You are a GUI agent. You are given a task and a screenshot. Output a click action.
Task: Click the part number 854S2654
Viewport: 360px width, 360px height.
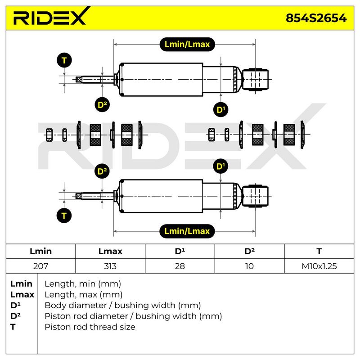pos(316,18)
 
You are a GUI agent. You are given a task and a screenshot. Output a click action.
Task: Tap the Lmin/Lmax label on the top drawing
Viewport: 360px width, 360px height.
pos(187,44)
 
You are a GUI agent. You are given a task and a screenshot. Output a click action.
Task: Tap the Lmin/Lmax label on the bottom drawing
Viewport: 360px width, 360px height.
pos(187,231)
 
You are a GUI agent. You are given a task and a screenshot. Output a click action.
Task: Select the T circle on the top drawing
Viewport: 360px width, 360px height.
pos(64,60)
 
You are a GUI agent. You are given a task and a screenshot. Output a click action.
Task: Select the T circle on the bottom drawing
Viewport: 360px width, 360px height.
pos(64,216)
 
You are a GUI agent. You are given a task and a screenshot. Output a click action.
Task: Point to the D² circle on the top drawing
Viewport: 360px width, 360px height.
pos(102,105)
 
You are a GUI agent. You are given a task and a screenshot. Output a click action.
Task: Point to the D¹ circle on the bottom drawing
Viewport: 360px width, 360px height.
pos(220,166)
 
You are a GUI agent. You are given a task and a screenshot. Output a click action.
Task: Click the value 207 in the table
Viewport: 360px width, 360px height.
pos(40,266)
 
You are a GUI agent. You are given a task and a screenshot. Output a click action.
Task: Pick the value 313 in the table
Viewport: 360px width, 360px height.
pos(110,266)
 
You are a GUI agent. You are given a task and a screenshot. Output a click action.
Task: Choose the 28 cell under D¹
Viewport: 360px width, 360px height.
pos(180,266)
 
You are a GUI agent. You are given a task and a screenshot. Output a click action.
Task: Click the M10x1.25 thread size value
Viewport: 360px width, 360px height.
pos(319,266)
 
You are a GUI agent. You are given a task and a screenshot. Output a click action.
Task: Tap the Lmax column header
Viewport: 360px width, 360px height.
pos(110,251)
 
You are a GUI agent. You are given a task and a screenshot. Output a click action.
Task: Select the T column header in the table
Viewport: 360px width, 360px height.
pos(319,251)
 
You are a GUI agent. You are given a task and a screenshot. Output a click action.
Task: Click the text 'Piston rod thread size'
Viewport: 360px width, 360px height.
pos(90,327)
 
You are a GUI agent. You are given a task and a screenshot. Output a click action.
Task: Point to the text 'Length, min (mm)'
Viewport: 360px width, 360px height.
pos(83,284)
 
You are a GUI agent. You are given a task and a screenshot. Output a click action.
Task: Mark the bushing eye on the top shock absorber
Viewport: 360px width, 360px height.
pos(255,80)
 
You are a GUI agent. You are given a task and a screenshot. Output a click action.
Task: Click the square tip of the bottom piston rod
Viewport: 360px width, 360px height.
pos(78,196)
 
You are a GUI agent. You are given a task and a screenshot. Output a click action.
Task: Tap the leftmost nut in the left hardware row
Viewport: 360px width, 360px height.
pos(49,135)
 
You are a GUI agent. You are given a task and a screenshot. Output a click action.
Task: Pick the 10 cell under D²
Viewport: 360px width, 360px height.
pos(249,266)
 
